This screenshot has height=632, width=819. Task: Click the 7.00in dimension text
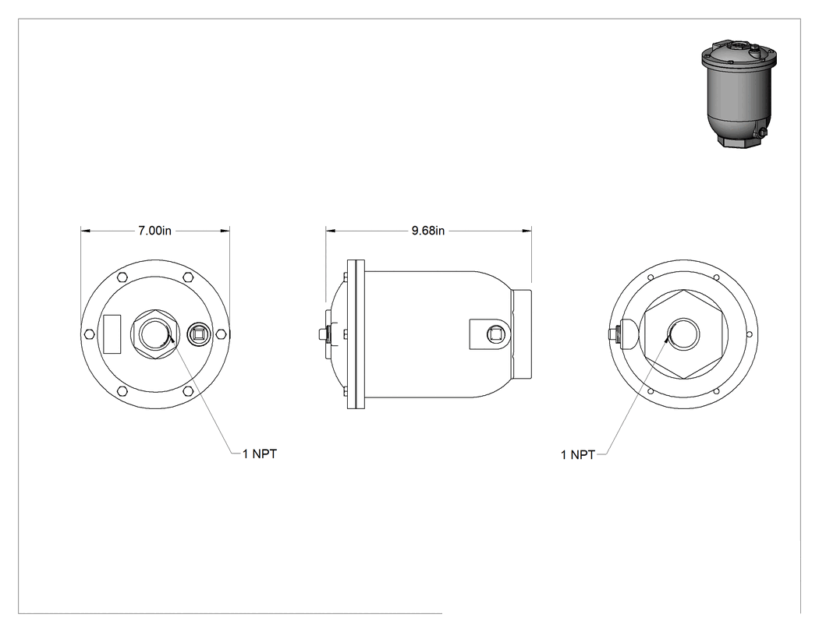click(154, 230)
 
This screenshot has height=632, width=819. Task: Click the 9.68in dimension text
click(427, 230)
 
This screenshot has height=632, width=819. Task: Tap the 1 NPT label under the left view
click(260, 454)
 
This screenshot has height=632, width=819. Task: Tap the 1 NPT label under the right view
click(578, 454)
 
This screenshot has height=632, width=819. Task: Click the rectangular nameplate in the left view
click(112, 334)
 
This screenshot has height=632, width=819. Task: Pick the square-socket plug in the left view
click(199, 334)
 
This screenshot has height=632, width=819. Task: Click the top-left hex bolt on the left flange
click(122, 277)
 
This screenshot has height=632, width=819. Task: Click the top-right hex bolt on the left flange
click(188, 277)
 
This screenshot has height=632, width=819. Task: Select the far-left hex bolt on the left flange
click(89, 334)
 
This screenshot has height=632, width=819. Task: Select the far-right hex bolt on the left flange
click(221, 334)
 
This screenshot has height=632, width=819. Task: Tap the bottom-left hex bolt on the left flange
click(122, 391)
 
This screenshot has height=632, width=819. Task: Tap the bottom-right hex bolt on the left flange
click(188, 391)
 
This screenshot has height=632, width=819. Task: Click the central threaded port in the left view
click(155, 334)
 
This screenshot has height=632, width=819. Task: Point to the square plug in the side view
click(495, 334)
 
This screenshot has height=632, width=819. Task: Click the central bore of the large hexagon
click(684, 334)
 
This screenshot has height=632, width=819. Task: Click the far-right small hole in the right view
click(750, 334)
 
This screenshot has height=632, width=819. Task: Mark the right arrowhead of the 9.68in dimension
click(526, 230)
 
